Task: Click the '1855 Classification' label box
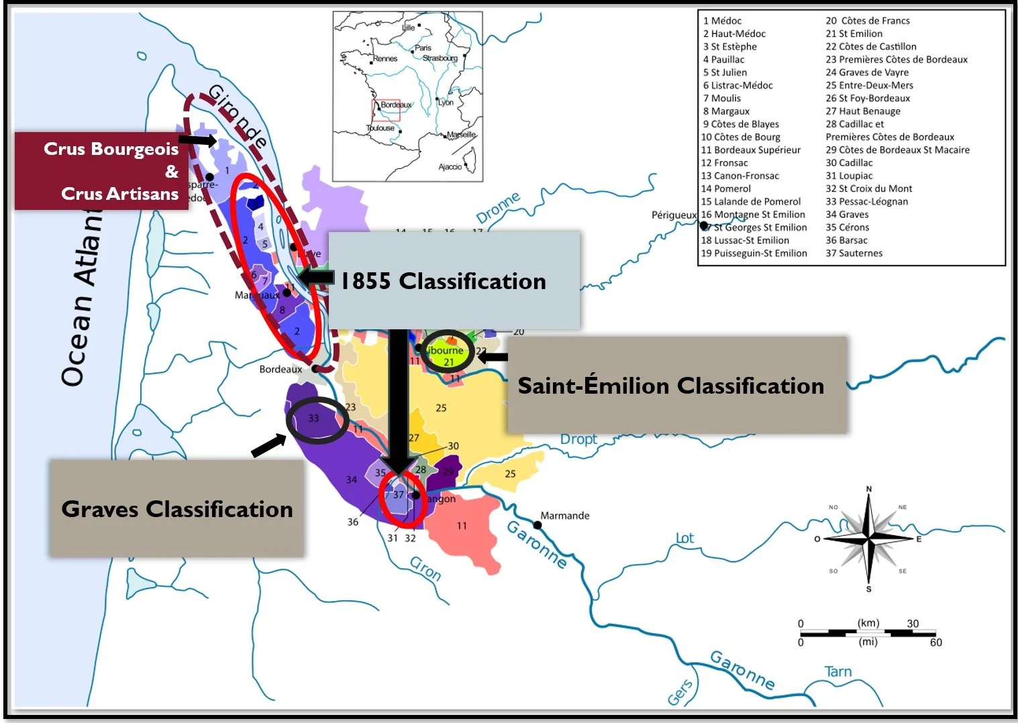453,280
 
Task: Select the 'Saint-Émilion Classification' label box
676,386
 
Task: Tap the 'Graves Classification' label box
176,508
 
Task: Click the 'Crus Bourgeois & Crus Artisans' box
101,171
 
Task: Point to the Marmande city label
565,515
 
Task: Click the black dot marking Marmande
537,525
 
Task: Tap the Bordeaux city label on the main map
281,369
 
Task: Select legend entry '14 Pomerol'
725,188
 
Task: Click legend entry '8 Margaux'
726,111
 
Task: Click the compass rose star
868,539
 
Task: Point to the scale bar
868,632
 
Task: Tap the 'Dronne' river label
498,208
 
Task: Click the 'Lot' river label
684,538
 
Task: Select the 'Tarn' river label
837,671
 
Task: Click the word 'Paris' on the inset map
423,48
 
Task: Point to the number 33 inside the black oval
313,418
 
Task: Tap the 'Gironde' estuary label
238,115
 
